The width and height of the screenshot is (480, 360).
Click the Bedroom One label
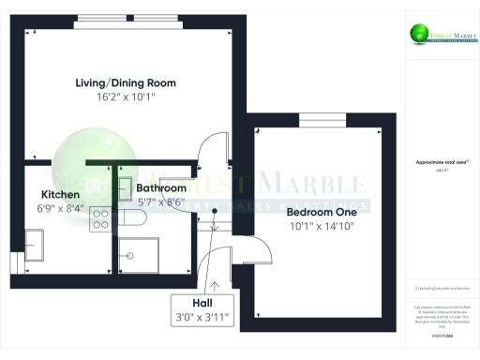(x=322, y=212)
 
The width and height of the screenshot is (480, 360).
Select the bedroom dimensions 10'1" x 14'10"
(x=322, y=226)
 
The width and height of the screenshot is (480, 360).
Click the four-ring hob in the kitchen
(x=101, y=219)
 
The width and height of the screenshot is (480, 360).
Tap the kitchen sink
(x=39, y=247)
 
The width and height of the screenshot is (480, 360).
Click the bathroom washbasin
(x=125, y=186)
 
